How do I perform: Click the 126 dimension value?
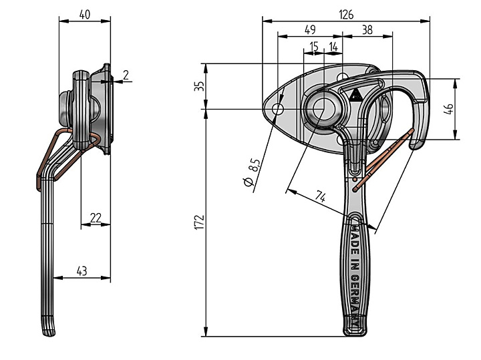pyautogui.click(x=346, y=15)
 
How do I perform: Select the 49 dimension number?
pyautogui.click(x=310, y=30)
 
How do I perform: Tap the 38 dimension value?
pyautogui.click(x=367, y=30)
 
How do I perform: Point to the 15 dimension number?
pyautogui.click(x=314, y=47)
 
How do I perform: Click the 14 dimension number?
pyautogui.click(x=333, y=47)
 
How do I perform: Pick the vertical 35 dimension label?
pyautogui.click(x=199, y=86)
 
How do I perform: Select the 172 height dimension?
pyautogui.click(x=199, y=222)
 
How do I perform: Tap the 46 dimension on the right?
pyautogui.click(x=448, y=109)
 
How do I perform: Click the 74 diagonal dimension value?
pyautogui.click(x=321, y=196)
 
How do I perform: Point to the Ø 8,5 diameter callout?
pyautogui.click(x=253, y=172)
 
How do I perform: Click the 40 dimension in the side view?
pyautogui.click(x=85, y=15)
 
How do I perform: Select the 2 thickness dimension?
pyautogui.click(x=126, y=75)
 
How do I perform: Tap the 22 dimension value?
pyautogui.click(x=96, y=218)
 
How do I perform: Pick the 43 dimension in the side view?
pyautogui.click(x=82, y=271)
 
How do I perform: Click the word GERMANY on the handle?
pyautogui.click(x=355, y=301)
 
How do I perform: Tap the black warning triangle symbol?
pyautogui.click(x=356, y=96)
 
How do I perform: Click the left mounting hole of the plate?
pyautogui.click(x=279, y=109)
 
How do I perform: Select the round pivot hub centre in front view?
pyautogui.click(x=323, y=109)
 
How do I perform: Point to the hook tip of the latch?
pyautogui.click(x=416, y=146)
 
